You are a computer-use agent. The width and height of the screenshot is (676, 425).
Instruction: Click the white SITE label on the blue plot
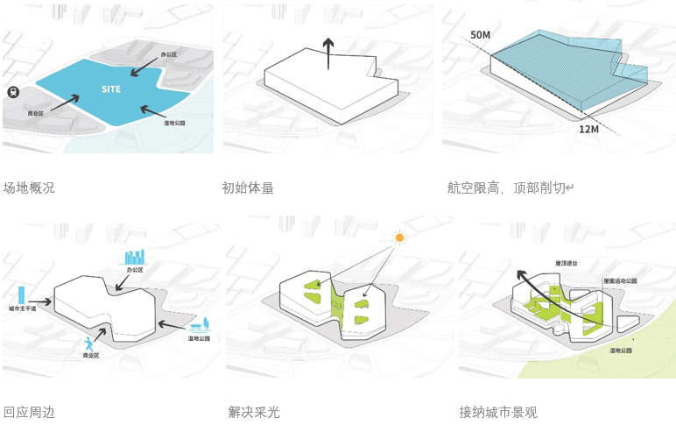pyautogui.click(x=111, y=89)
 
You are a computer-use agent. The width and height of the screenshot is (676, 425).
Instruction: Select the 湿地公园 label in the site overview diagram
pyautogui.click(x=176, y=124)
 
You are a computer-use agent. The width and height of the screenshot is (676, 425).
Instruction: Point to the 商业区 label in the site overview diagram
pyautogui.click(x=36, y=114)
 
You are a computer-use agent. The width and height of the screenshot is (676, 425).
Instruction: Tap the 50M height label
pyautogui.click(x=480, y=35)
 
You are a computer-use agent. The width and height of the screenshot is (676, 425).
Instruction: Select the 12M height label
pyautogui.click(x=588, y=129)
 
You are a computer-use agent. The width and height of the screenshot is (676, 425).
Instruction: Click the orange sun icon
pyautogui.click(x=399, y=237)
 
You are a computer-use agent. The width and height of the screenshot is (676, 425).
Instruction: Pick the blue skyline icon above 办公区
pyautogui.click(x=134, y=257)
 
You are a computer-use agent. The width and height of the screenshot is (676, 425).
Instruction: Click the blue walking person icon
pyautogui.click(x=88, y=344)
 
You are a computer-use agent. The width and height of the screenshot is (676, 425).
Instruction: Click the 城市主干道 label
pyautogui.click(x=24, y=309)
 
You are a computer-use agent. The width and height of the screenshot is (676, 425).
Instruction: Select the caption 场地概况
pyautogui.click(x=29, y=188)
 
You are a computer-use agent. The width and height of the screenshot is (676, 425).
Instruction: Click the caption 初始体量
pyautogui.click(x=248, y=188)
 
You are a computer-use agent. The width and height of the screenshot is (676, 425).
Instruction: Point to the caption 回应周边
pyautogui.click(x=29, y=412)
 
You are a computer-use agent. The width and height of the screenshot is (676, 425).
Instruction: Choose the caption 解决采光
pyautogui.click(x=254, y=412)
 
